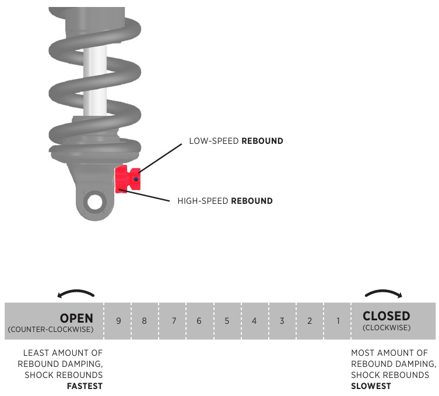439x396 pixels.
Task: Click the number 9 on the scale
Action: (118, 321)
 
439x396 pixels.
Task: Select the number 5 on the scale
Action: (226, 321)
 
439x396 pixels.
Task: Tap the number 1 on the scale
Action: (337, 321)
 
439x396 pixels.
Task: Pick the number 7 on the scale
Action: (174, 321)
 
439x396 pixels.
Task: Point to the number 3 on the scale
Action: (282, 321)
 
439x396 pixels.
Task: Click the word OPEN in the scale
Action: (76, 318)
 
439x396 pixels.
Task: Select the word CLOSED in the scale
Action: (386, 316)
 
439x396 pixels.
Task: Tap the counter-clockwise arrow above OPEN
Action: (76, 294)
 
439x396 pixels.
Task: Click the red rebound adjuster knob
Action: (129, 178)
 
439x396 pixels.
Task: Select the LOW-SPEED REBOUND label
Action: (236, 141)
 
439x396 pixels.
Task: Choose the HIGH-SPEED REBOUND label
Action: (225, 201)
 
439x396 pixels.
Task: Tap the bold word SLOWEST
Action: (371, 386)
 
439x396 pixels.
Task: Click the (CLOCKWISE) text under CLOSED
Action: (386, 328)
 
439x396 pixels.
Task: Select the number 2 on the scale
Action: (310, 321)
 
